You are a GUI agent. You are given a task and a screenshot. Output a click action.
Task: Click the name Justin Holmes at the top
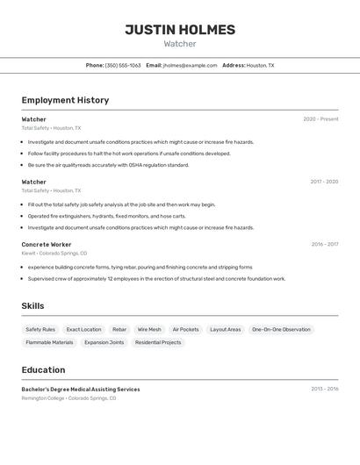point(180,30)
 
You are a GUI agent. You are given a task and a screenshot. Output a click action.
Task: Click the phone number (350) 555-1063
point(123,65)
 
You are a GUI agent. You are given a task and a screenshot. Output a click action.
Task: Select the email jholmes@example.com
point(190,65)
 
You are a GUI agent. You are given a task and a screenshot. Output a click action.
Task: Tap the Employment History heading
point(65,100)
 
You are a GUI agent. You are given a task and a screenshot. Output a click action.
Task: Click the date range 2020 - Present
point(320,119)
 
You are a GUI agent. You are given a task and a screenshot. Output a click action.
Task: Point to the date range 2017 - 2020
point(324,182)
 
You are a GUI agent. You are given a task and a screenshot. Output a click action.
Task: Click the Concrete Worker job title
point(47,245)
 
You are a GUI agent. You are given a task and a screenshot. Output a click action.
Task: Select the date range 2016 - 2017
point(324,245)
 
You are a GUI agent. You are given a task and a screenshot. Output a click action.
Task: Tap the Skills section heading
point(33,306)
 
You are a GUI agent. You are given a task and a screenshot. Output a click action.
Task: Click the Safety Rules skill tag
point(40,330)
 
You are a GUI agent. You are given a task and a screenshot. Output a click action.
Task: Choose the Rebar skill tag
point(119,330)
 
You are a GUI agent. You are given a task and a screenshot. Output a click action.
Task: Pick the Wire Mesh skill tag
point(149,330)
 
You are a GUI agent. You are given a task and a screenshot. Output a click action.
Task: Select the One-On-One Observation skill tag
point(281,330)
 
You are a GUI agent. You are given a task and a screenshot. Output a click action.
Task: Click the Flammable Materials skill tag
point(49,342)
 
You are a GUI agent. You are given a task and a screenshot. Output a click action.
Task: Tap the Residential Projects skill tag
point(158,342)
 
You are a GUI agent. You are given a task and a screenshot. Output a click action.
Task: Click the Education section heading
point(43,370)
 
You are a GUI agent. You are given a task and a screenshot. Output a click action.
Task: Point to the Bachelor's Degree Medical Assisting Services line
point(81,389)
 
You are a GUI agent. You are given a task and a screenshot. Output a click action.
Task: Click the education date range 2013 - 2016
point(324,389)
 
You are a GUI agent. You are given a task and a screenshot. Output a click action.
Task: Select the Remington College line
point(68,398)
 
